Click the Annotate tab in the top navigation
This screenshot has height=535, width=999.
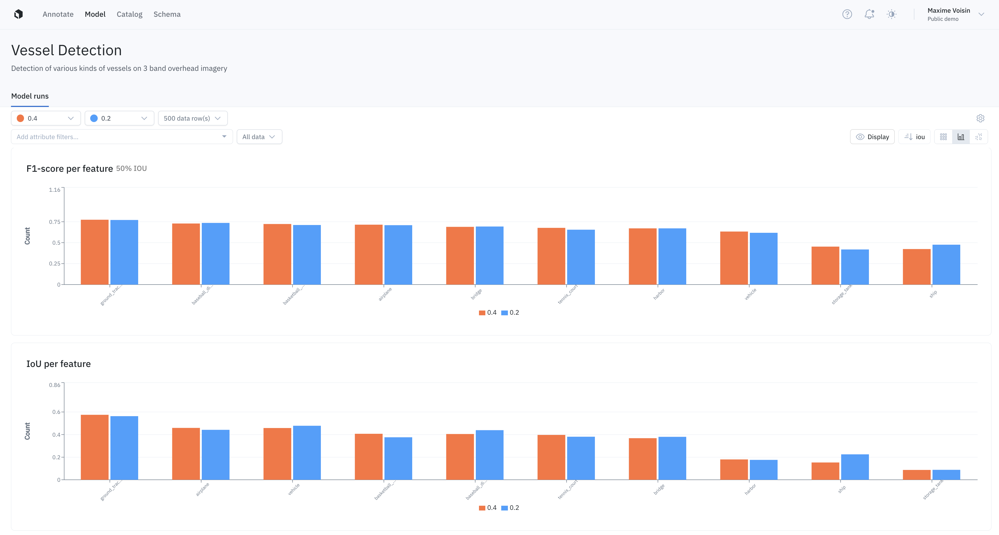tap(58, 14)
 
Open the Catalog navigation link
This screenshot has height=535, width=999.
tap(129, 14)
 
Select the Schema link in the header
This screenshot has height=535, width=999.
tap(167, 14)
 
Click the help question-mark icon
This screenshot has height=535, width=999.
tap(847, 14)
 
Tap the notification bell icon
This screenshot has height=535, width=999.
tap(869, 14)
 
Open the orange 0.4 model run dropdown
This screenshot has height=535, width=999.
tap(46, 118)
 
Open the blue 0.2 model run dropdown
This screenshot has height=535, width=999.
tap(119, 118)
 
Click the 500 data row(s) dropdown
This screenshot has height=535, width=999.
tap(192, 118)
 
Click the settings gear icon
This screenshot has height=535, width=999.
tap(980, 118)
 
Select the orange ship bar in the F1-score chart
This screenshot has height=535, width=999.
tap(916, 267)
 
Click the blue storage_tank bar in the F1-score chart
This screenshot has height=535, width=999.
tap(855, 267)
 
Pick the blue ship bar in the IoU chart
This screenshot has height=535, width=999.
tap(855, 467)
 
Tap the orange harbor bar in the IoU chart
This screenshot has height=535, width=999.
tap(734, 470)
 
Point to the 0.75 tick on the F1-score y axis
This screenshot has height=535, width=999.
tap(54, 222)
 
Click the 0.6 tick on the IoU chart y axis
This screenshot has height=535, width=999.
tap(56, 412)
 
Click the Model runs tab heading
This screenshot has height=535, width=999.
tap(30, 96)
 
